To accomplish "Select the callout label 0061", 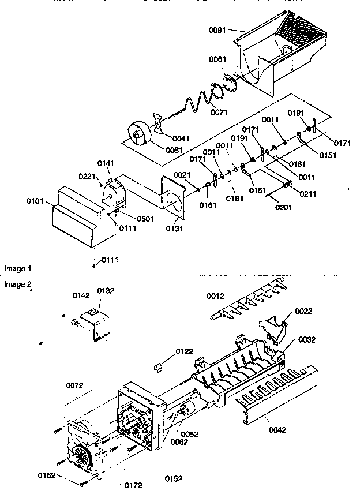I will coord(218,59).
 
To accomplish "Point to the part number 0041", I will coord(182,139).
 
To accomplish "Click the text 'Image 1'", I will coord(17,269).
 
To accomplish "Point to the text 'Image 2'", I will coord(17,284).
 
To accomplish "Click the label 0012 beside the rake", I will coord(216,297).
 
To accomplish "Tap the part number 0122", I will coord(185,351).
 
